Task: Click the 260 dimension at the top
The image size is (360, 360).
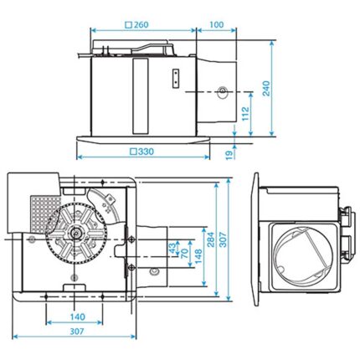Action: point(141,24)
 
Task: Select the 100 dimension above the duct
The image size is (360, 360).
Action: point(217,24)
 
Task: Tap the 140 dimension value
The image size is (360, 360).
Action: point(77,317)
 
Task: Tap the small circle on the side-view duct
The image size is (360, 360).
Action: point(222,91)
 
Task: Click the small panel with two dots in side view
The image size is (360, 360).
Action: point(175,77)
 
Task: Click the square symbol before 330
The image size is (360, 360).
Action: point(134,152)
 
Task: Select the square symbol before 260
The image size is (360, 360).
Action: point(128,24)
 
